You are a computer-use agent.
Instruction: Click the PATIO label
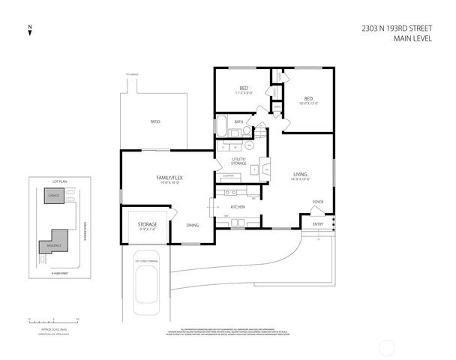(154, 121)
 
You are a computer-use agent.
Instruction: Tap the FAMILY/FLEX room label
(167, 177)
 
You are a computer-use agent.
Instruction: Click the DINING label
(193, 225)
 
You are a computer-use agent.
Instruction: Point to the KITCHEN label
(238, 207)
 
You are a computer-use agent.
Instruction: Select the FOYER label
(318, 202)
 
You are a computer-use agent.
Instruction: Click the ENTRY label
(318, 223)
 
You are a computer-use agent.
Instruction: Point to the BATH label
(238, 121)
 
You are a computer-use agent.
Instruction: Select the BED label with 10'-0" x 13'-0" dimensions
(307, 98)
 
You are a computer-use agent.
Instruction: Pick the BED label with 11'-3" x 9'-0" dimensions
(244, 88)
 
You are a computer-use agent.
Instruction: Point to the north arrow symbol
(28, 31)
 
